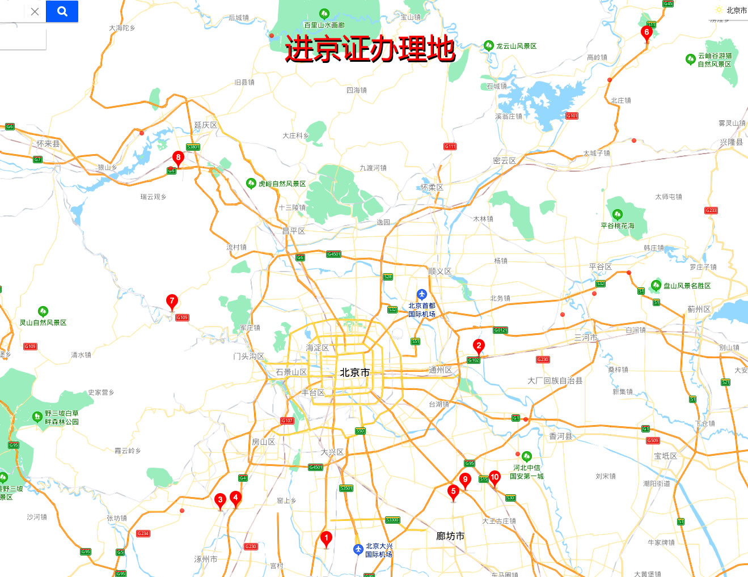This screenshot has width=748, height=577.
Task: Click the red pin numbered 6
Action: [646, 32]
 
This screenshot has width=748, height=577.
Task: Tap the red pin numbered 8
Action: [178, 157]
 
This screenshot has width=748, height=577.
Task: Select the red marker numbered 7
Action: [172, 300]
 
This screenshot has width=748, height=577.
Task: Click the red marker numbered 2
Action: [479, 345]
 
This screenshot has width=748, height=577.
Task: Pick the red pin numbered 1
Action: [326, 537]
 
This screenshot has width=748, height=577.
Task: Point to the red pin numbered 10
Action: [495, 477]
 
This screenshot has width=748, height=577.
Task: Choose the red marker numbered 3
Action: [221, 499]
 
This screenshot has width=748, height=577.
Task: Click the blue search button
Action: [62, 11]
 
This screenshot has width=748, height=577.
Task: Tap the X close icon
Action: [35, 11]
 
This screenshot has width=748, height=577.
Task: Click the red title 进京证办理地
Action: [370, 49]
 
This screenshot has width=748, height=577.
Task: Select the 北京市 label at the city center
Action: [354, 372]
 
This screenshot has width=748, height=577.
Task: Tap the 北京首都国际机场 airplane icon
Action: [421, 294]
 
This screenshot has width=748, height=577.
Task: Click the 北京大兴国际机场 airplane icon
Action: [358, 549]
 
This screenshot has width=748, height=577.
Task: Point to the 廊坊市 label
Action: [450, 536]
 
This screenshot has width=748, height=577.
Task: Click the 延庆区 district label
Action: [206, 125]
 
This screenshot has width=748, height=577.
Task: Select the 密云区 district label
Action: [504, 161]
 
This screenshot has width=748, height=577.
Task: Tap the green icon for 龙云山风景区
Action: [488, 46]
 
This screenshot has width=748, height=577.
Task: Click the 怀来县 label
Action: [48, 144]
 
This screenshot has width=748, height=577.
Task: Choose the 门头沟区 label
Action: [249, 356]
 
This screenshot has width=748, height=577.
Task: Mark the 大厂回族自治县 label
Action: [555, 381]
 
